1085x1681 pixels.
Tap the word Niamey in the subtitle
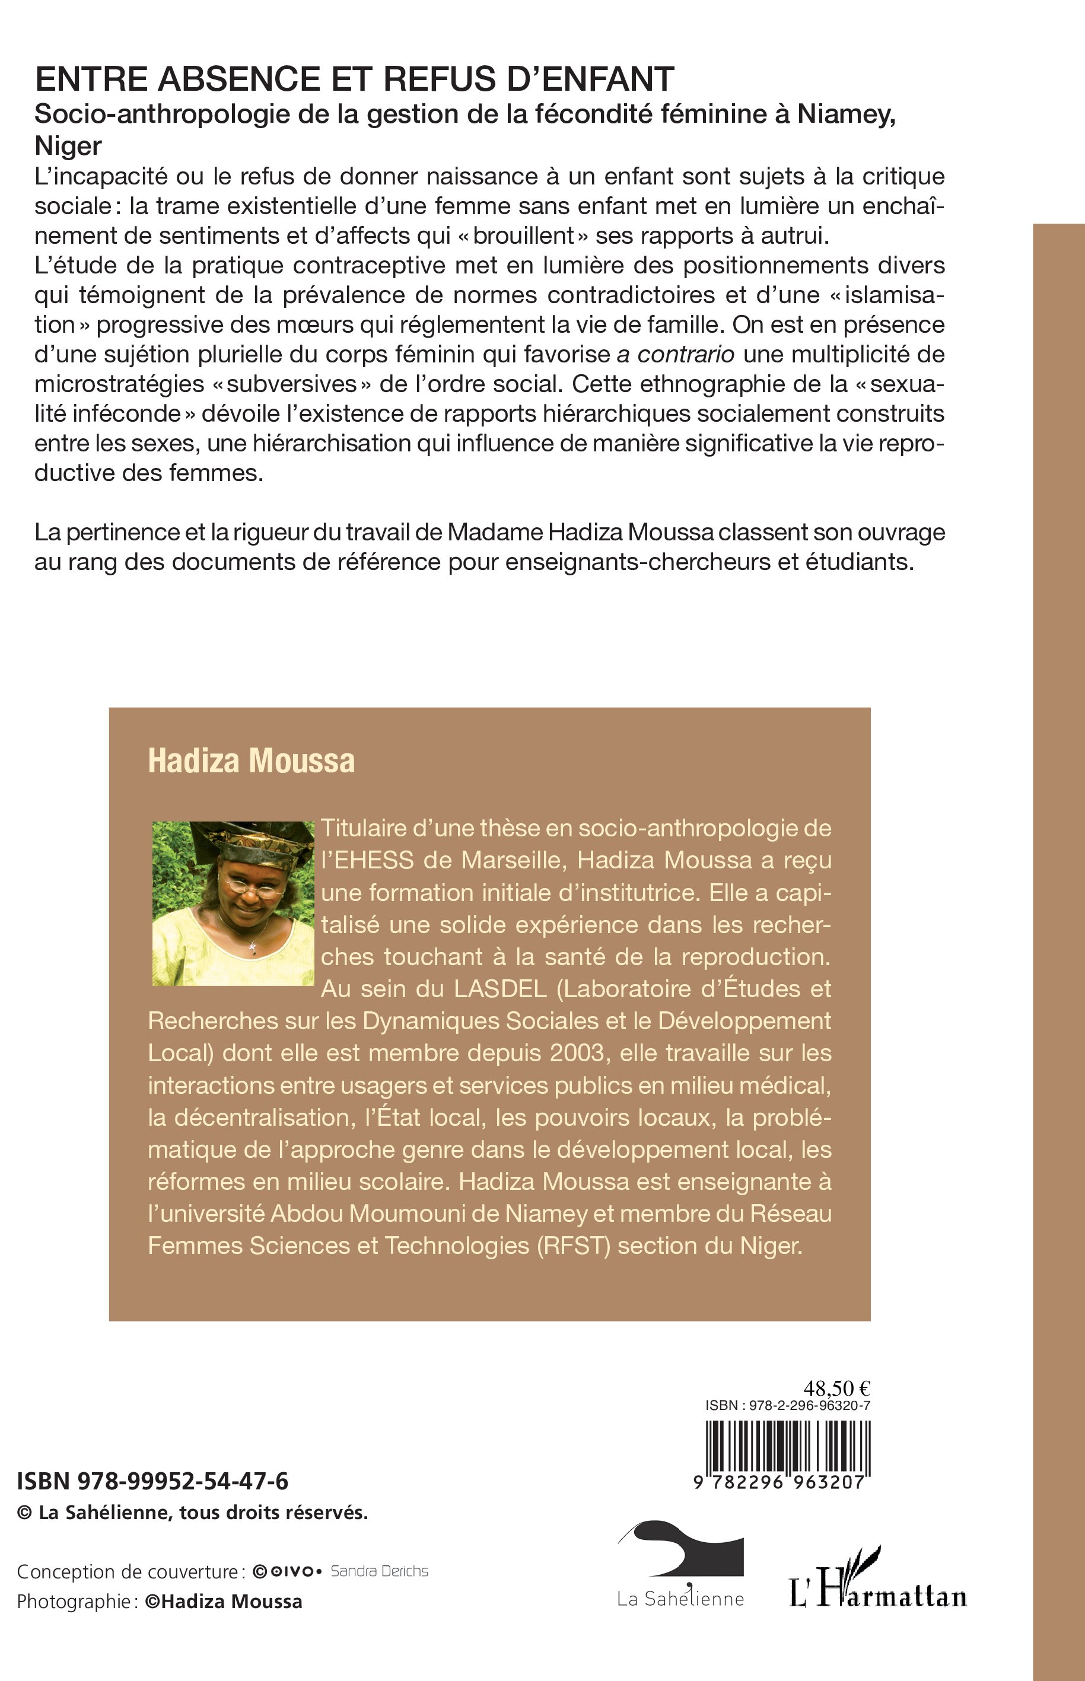tap(845, 113)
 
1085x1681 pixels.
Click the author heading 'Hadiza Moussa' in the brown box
tap(251, 761)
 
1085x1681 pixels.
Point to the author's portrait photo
tap(233, 903)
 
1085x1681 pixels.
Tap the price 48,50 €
tap(837, 1388)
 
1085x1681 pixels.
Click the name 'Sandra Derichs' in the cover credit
tap(379, 1571)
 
